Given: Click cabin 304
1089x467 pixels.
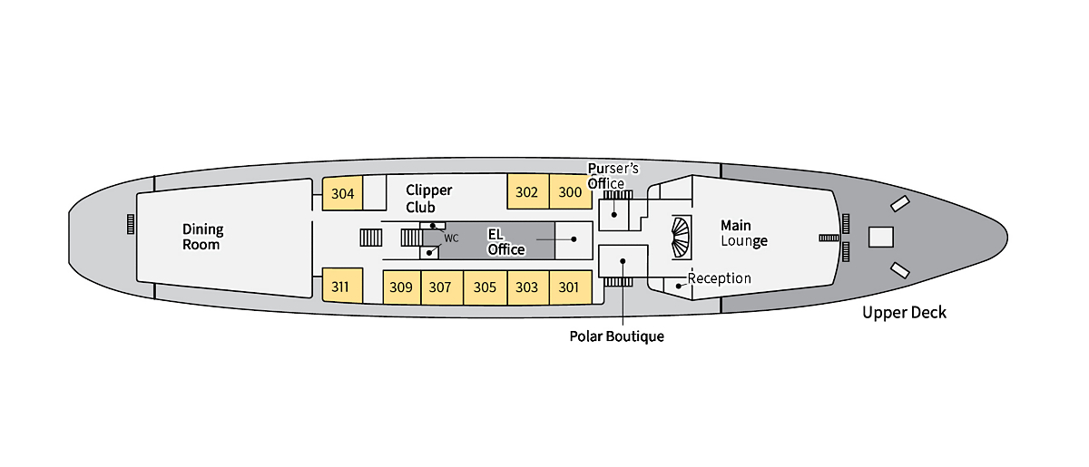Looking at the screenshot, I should click(343, 193).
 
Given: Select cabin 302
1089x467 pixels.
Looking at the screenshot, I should click(526, 192).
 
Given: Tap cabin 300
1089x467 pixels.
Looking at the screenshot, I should click(570, 192).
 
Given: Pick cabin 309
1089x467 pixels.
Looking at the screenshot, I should click(401, 287).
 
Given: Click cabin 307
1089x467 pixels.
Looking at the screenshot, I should click(440, 287).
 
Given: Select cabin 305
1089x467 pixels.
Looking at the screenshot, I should click(485, 287).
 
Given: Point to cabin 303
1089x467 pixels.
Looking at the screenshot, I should click(526, 287).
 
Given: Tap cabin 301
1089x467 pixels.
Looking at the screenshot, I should click(569, 287).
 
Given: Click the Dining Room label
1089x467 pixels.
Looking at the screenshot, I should click(202, 237).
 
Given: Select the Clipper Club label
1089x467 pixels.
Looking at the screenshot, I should click(428, 199).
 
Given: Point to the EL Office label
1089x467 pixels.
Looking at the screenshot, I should click(505, 242).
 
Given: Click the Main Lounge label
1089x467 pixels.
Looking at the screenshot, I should click(743, 232).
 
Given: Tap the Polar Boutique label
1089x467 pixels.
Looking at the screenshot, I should click(616, 336).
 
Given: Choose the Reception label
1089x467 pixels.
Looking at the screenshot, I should click(719, 278).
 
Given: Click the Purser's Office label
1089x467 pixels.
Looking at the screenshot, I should click(613, 176).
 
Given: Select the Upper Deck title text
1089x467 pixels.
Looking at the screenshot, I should click(904, 313).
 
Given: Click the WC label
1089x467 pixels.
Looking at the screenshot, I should click(451, 238).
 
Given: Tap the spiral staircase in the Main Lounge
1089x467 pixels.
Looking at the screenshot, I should click(680, 238).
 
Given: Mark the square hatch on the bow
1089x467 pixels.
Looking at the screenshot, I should click(880, 237).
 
